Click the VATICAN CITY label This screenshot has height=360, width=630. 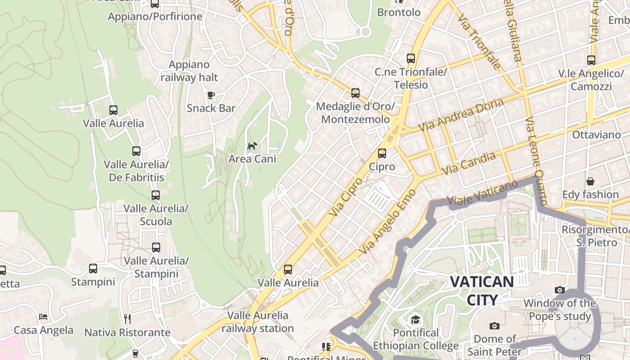coord(482,291)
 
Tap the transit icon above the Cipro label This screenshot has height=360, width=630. coord(382,153)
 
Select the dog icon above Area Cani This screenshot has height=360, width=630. coord(252,146)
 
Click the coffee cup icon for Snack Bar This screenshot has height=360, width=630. coord(211,95)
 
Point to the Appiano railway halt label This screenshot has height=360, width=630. coord(189,71)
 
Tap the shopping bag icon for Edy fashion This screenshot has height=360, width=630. coord(590,181)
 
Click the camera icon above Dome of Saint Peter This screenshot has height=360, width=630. coord(494,326)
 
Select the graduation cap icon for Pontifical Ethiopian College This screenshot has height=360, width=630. coord(415,320)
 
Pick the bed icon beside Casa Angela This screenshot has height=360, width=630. coord(43,317)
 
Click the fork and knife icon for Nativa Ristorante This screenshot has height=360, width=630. coord(127,319)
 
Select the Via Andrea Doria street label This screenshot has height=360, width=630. coord(461,115)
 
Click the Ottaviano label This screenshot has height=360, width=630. coord(596,135)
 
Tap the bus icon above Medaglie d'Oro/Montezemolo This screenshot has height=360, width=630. coord(355,93)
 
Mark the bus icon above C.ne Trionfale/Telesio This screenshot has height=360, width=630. coord(411,58)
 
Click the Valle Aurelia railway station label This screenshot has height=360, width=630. coord(257,322)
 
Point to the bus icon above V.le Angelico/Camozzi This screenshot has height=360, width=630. coord(591,60)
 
